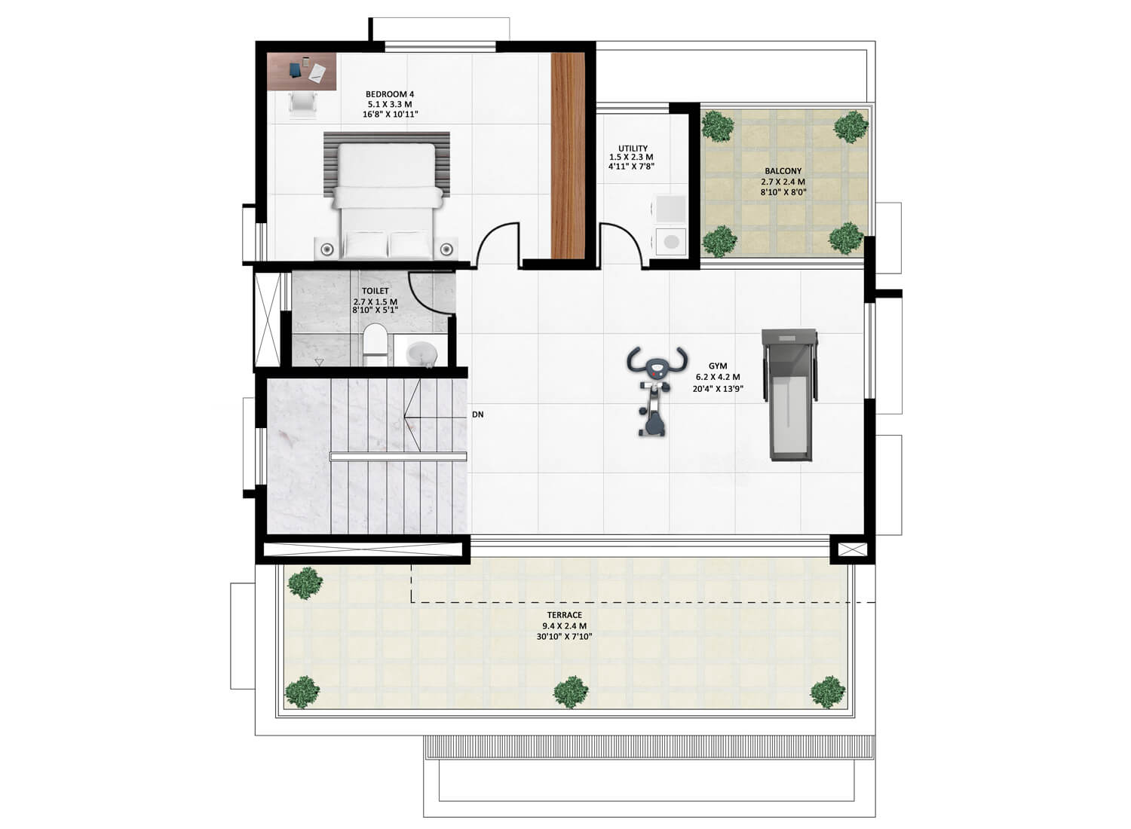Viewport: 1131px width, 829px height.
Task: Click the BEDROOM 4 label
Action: point(390,94)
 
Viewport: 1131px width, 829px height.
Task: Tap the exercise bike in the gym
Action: point(657,390)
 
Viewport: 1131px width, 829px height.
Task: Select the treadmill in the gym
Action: point(790,395)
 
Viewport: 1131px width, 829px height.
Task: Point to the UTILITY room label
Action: point(633,148)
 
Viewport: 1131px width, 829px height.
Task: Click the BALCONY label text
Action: point(783,172)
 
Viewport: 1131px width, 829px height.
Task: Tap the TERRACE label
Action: point(565,615)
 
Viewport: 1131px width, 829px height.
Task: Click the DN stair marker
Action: point(477,414)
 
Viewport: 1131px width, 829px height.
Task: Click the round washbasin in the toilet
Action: point(420,353)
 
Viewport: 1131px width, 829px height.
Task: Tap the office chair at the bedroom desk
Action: point(303,105)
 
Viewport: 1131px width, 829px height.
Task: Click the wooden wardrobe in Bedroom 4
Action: point(568,156)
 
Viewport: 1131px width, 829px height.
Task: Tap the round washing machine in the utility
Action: point(671,242)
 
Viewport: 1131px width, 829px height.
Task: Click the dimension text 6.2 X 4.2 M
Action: point(718,377)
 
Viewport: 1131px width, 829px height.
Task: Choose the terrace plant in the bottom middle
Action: point(571,692)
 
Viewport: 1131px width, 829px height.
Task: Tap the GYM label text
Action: point(718,366)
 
